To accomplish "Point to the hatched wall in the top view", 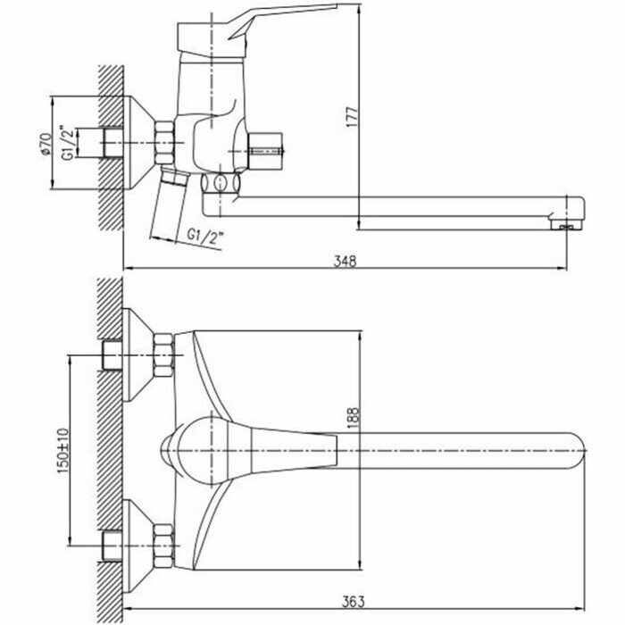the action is (108, 446).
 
